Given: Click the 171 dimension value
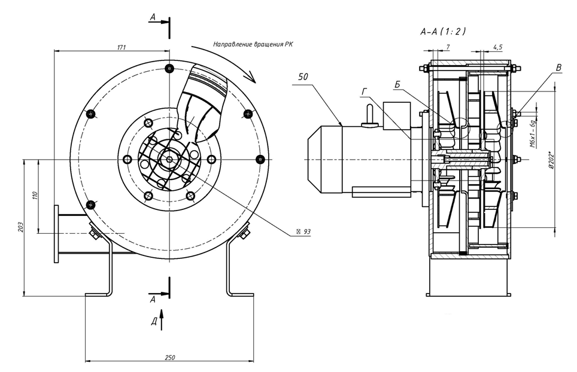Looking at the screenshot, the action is click(x=122, y=47).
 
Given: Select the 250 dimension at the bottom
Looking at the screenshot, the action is click(x=170, y=357).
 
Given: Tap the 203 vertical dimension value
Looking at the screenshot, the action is click(x=20, y=227).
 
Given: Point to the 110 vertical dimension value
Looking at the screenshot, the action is click(x=35, y=196).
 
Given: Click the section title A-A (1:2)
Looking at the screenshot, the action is click(x=443, y=32).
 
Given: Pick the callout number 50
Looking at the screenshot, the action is click(x=303, y=77).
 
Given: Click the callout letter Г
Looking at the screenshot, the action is click(x=365, y=92).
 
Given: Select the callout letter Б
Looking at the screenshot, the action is click(x=397, y=85).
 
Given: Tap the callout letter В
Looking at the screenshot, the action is click(x=558, y=68).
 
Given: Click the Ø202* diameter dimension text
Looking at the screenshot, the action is click(x=551, y=160).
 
